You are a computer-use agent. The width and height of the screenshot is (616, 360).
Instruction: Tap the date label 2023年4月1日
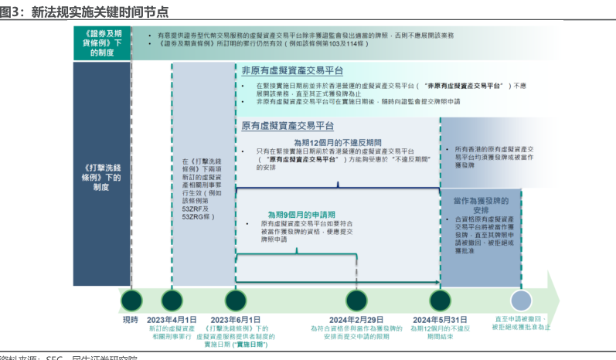tap(172, 319)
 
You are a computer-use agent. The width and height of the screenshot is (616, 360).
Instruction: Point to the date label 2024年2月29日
tap(356, 319)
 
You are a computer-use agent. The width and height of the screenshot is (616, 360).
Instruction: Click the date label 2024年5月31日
tap(440, 319)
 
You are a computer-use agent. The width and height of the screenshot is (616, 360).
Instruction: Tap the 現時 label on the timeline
tap(131, 319)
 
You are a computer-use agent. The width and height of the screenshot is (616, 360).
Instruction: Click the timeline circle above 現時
tap(131, 300)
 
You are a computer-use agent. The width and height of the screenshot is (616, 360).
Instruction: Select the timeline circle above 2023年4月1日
tap(172, 300)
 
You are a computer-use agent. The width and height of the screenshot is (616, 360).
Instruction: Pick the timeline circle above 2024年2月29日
tap(356, 300)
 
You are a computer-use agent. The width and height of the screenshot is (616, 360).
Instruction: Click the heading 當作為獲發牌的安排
tap(481, 204)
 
